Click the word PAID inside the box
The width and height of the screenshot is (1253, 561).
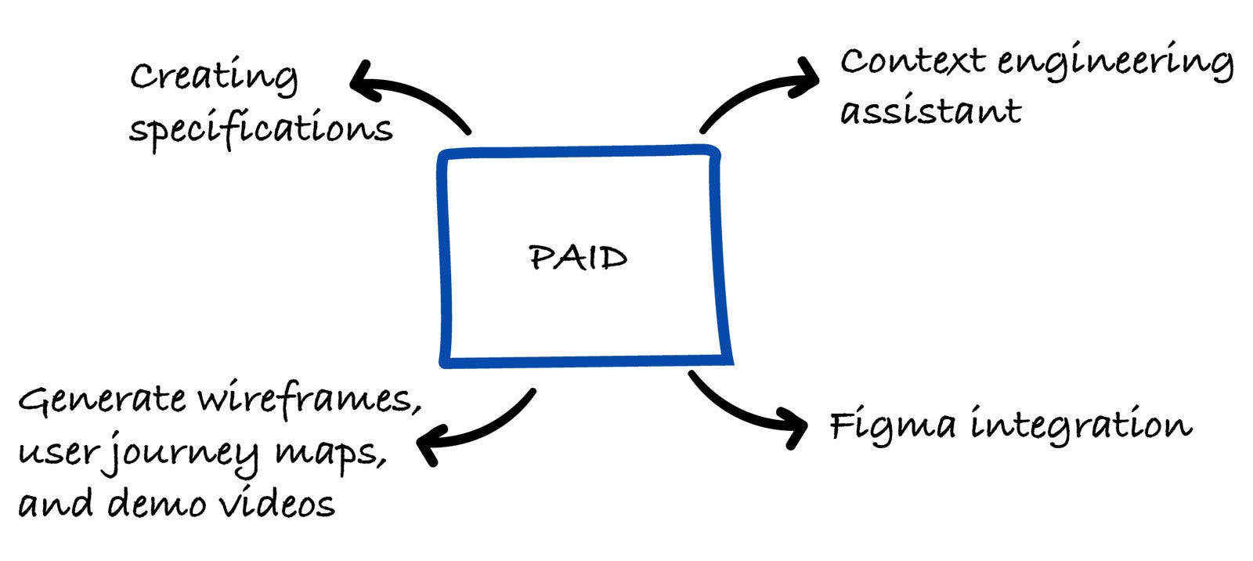[578, 258]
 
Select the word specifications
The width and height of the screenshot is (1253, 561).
[261, 128]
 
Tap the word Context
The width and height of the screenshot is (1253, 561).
[912, 61]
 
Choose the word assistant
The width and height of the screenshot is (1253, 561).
[930, 110]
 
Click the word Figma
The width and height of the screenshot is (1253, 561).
[893, 426]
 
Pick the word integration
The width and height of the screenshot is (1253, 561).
[1081, 426]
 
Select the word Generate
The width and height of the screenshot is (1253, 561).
[103, 399]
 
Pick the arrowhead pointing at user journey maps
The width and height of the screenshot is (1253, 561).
[429, 443]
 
